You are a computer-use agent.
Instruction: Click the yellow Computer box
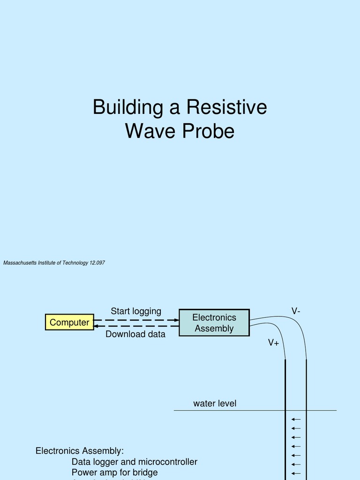[69, 322]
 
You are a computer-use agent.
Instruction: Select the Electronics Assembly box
[214, 322]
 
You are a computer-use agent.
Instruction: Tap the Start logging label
[136, 311]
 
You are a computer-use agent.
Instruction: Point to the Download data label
[135, 334]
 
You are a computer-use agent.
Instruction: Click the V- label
[296, 311]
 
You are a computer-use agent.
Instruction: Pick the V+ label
[273, 343]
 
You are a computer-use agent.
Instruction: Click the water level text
[215, 404]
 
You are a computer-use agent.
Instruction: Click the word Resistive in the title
[226, 107]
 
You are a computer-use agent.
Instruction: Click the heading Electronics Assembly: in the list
[80, 451]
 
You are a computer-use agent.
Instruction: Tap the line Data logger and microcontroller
[135, 462]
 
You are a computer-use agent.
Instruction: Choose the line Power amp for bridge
[114, 472]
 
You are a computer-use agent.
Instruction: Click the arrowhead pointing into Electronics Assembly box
[176, 320]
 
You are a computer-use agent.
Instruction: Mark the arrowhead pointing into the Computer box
[97, 326]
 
